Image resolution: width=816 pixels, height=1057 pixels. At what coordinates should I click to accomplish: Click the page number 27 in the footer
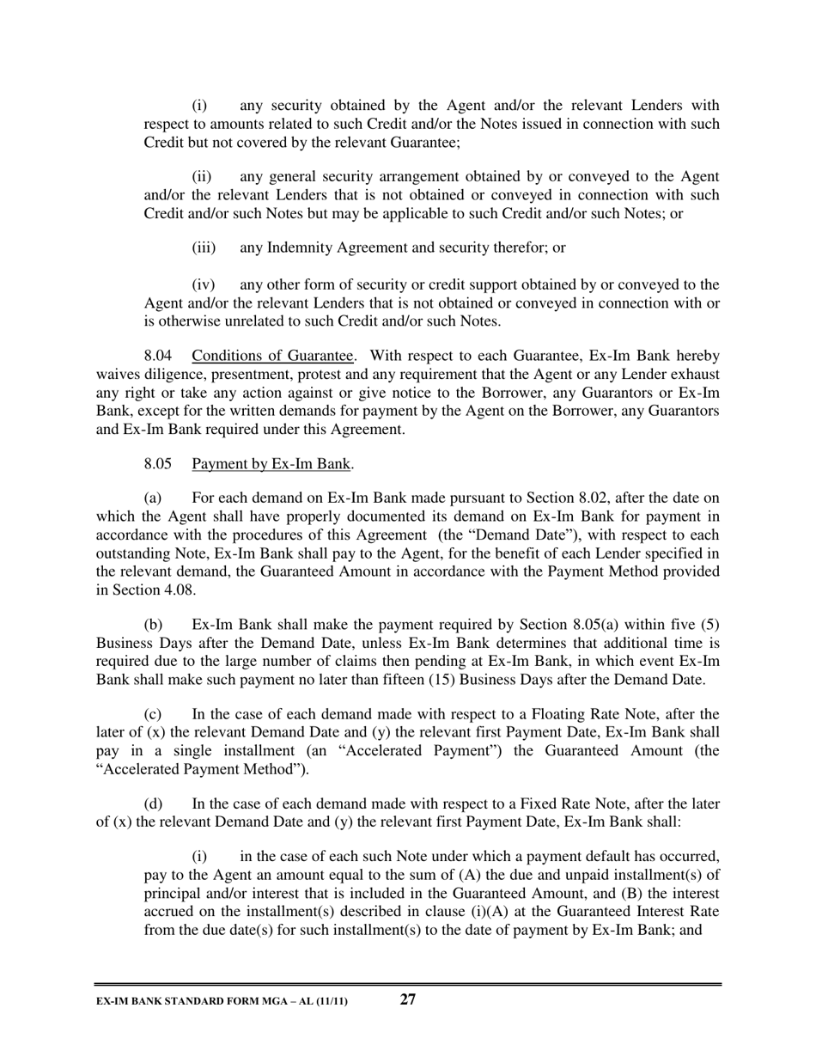coord(408,999)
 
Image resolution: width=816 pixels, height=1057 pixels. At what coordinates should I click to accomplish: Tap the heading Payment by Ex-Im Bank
coord(271,464)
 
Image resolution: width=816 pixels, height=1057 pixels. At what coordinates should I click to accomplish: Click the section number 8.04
coord(158,356)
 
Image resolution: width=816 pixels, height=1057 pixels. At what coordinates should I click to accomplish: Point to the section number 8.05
coord(158,464)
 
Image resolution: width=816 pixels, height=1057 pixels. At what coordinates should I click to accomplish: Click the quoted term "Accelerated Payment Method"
coord(198,769)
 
